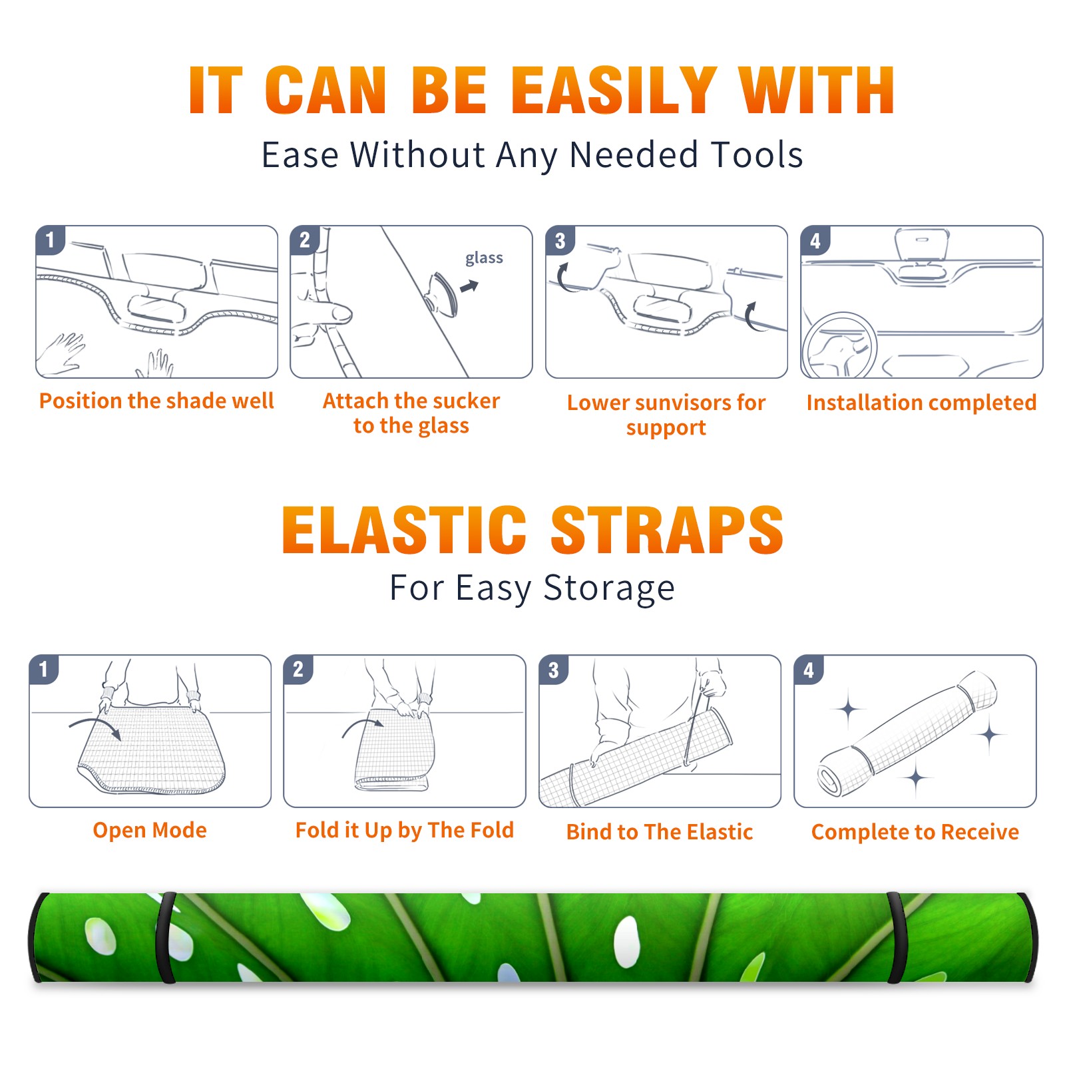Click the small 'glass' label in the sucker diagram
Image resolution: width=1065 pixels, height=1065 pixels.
point(484,258)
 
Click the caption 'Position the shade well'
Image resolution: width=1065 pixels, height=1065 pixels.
point(156,401)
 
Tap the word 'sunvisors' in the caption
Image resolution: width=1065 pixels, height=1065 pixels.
point(683,403)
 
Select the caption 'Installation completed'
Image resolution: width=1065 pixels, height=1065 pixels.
point(921,403)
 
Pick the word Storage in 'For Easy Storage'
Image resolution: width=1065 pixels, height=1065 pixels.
point(609,588)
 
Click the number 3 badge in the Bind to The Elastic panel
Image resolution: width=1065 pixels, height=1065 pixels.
point(554,670)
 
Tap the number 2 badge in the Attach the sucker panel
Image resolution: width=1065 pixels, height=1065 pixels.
point(305,240)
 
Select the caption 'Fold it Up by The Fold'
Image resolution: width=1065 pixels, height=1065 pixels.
point(405,830)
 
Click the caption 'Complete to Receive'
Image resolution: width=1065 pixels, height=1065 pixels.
point(915,832)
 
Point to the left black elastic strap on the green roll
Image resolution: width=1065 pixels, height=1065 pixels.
point(165,937)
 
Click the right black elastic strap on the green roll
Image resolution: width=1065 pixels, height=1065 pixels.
point(896,937)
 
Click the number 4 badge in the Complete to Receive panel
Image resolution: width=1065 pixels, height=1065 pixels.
point(809,670)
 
